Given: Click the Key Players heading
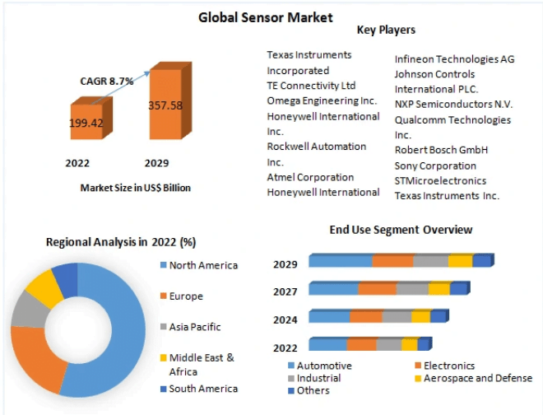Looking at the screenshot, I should tap(386, 30).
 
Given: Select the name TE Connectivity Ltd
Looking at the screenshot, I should tap(311, 86).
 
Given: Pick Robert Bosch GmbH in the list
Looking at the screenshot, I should tap(441, 150).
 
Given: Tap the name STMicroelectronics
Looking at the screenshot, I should tap(440, 180).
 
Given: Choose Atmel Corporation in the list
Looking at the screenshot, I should tap(310, 177).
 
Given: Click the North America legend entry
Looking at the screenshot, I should tap(202, 265).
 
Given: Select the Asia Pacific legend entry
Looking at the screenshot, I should tap(196, 327).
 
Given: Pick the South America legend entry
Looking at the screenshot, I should tap(202, 389).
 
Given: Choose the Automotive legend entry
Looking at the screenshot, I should tap(323, 366).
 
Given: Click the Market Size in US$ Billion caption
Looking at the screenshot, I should tap(135, 188).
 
